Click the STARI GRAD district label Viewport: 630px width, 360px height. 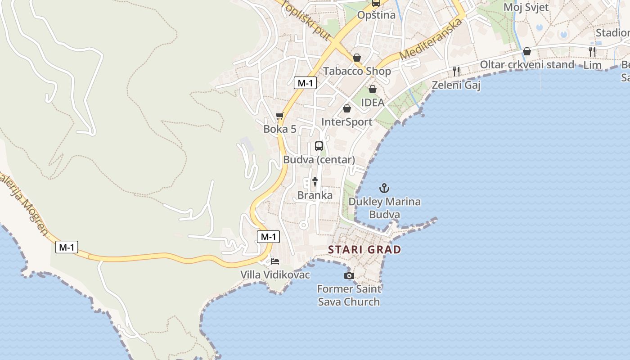pyautogui.click(x=364, y=250)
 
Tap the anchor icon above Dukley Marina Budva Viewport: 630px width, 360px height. pyautogui.click(x=384, y=188)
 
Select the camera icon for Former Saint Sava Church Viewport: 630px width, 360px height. pyautogui.click(x=349, y=275)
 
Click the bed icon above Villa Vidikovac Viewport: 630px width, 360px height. pyautogui.click(x=274, y=261)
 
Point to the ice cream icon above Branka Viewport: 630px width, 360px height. pyautogui.click(x=315, y=182)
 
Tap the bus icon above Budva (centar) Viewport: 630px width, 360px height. pyautogui.click(x=319, y=146)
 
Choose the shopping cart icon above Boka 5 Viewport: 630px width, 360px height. pyautogui.click(x=280, y=116)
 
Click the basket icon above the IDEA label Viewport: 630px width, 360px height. pyautogui.click(x=372, y=89)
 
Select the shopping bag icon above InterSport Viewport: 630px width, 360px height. pyautogui.click(x=346, y=108)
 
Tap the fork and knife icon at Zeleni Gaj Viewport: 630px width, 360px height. pyautogui.click(x=456, y=71)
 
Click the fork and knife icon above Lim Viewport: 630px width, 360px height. pyautogui.click(x=592, y=51)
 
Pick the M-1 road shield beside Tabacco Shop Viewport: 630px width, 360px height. pyautogui.click(x=305, y=83)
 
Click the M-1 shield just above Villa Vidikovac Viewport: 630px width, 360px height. pyautogui.click(x=268, y=237)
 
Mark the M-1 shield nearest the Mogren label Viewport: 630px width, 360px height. pyautogui.click(x=67, y=247)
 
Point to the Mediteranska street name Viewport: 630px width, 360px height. pyautogui.click(x=431, y=40)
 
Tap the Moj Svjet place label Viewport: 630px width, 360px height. pyautogui.click(x=526, y=7)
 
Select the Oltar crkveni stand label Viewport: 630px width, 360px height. pyautogui.click(x=527, y=64)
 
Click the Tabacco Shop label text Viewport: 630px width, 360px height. pyautogui.click(x=357, y=71)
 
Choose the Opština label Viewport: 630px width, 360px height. pyautogui.click(x=376, y=15)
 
